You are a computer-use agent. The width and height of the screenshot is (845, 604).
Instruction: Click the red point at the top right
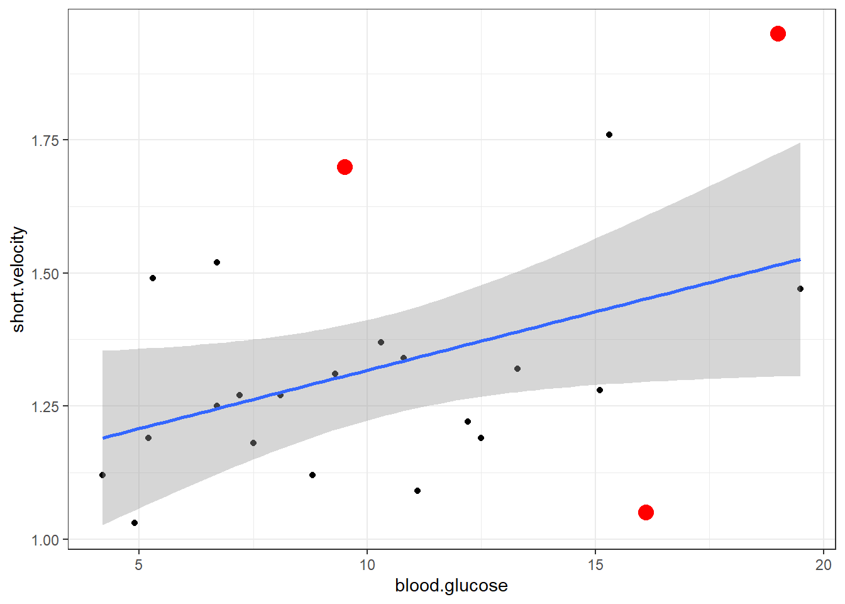click(x=778, y=33)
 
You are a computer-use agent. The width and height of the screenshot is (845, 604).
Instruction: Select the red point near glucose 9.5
click(x=345, y=167)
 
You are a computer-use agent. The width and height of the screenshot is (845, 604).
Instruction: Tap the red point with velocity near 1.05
click(x=646, y=512)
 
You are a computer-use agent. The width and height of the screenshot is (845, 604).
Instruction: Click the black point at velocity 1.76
click(x=609, y=135)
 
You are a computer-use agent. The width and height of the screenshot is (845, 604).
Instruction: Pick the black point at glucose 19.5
click(x=800, y=289)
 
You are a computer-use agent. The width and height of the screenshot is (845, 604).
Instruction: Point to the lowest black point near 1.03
click(x=135, y=523)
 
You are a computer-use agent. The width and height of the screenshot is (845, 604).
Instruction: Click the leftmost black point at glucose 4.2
click(x=102, y=475)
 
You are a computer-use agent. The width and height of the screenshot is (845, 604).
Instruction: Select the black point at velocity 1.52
click(x=217, y=262)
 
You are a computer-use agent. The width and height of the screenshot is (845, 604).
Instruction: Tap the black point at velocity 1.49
click(x=153, y=278)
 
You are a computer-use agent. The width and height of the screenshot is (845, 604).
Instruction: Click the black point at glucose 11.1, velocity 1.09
click(x=417, y=491)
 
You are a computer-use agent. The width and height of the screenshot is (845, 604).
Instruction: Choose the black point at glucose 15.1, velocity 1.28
click(x=600, y=390)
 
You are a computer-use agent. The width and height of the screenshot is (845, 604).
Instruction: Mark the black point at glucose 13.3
click(x=517, y=369)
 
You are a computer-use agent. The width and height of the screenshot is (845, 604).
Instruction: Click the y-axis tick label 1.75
click(x=45, y=140)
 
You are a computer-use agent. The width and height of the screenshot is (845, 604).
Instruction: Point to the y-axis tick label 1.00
click(x=45, y=540)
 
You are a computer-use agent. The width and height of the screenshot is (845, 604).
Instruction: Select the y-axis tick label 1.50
click(x=45, y=274)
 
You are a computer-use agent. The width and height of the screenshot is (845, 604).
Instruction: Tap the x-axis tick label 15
click(x=595, y=564)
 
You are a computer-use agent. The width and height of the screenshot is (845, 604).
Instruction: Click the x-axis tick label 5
click(x=139, y=564)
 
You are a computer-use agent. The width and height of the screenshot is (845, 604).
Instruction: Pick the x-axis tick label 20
click(x=824, y=564)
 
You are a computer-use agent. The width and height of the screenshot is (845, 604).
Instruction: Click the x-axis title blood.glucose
click(x=451, y=586)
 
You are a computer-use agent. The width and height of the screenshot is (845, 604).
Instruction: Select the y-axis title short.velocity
click(x=18, y=279)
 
